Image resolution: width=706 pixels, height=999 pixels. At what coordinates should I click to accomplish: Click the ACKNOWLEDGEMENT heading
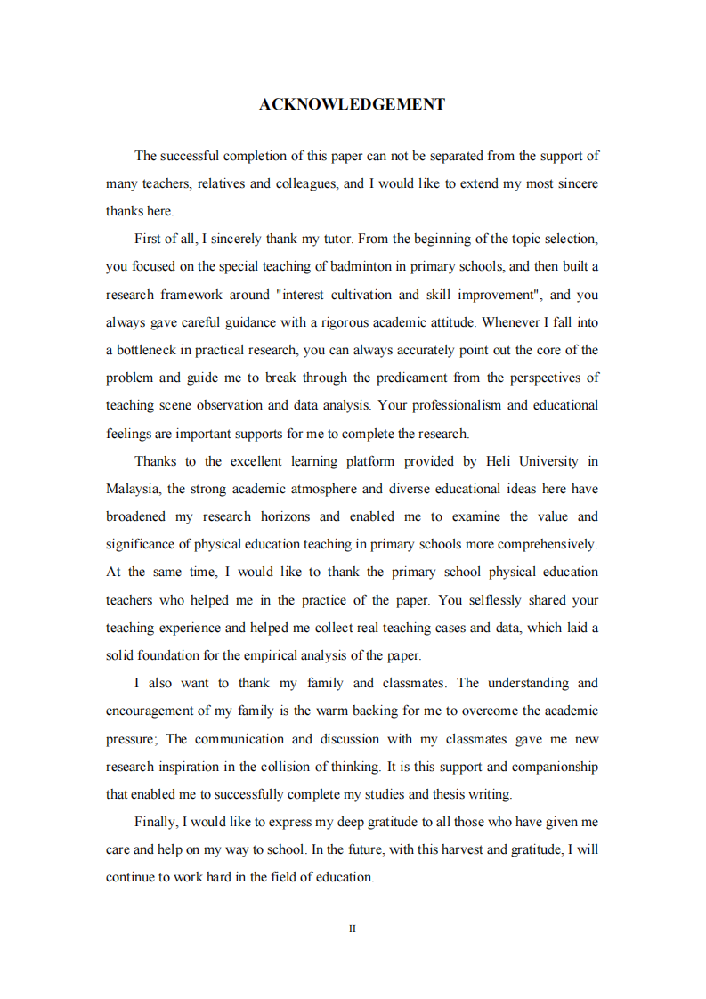coord(352,105)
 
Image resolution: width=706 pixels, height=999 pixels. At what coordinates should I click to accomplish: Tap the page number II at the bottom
coord(353,929)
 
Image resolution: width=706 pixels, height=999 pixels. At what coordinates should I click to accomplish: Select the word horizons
coord(284,516)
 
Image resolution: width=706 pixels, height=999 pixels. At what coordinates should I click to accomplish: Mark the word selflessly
coord(515,600)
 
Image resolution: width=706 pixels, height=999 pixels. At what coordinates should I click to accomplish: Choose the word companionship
coord(555,767)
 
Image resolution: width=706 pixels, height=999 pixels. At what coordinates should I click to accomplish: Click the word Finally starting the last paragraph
coord(156,822)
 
